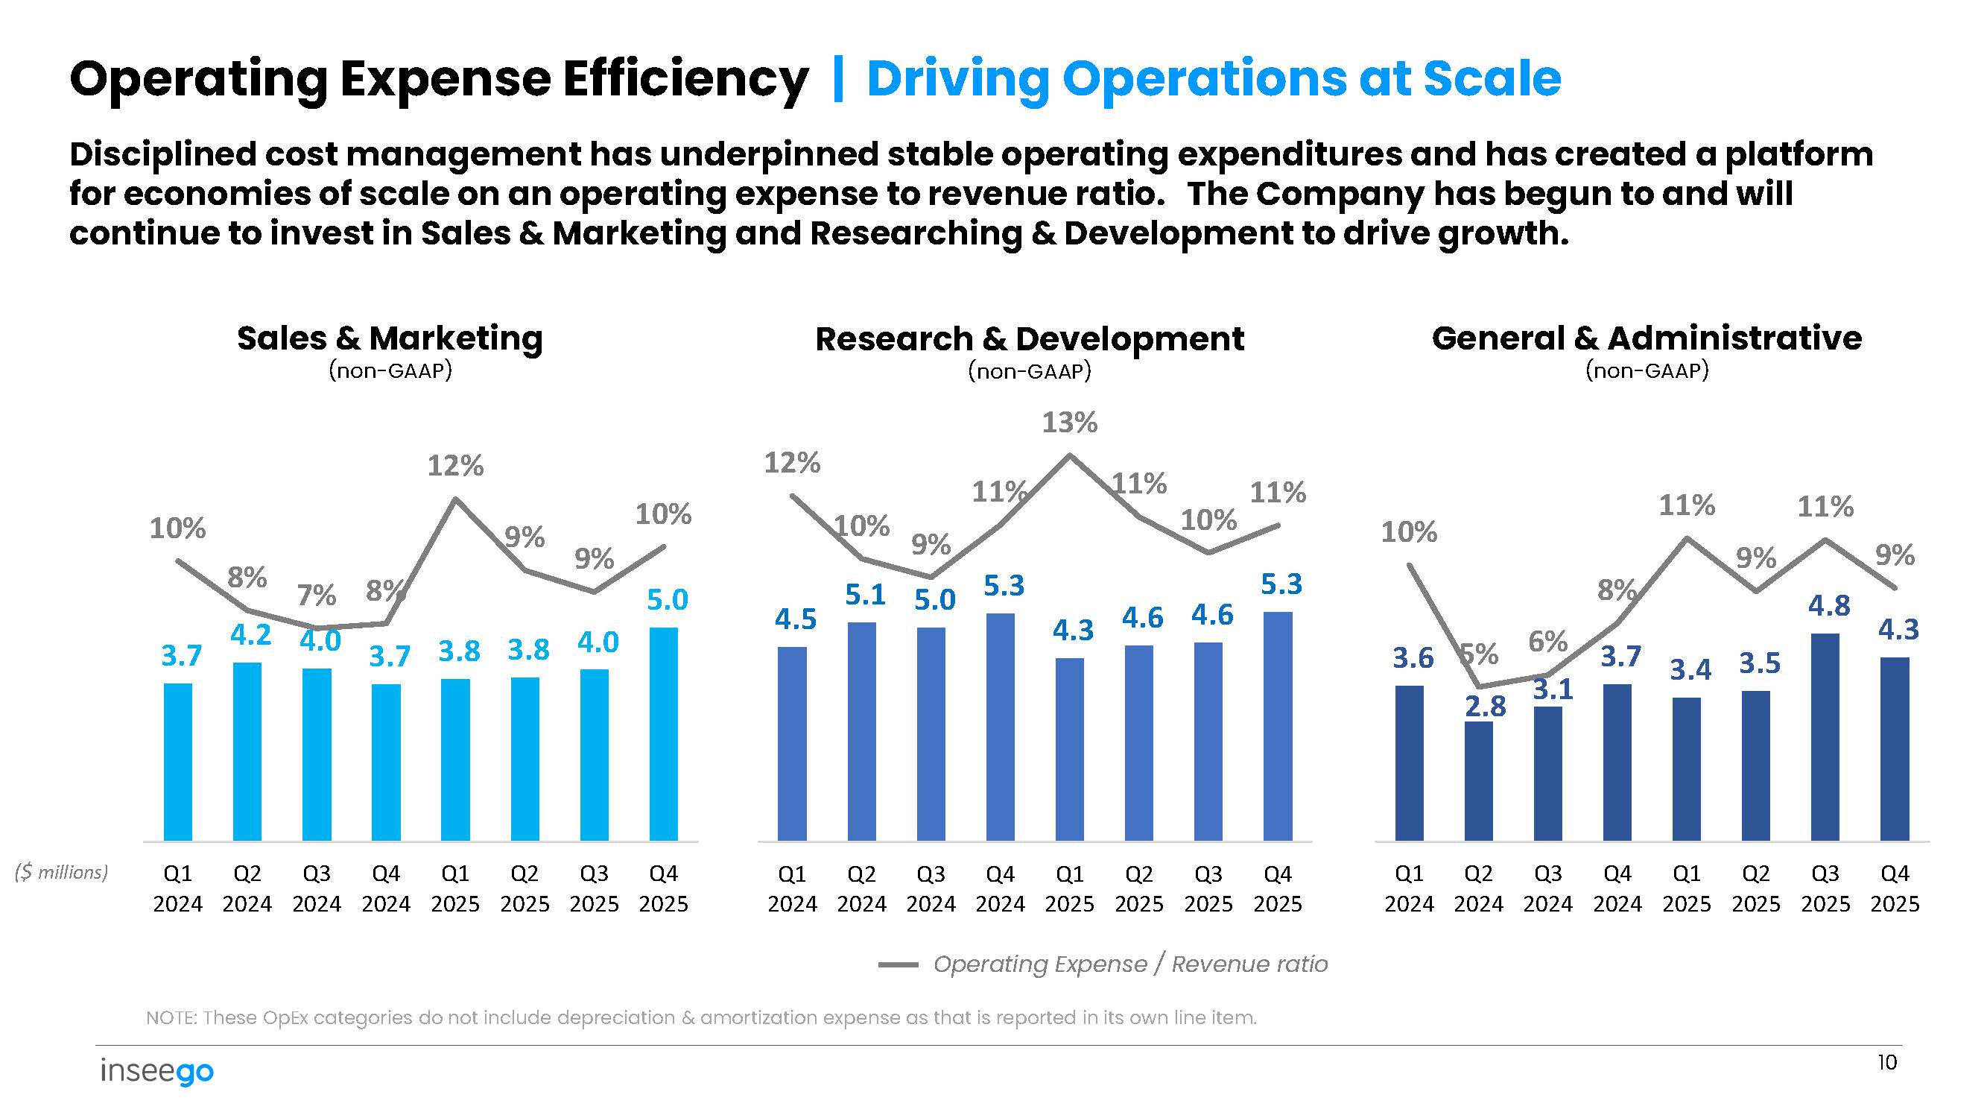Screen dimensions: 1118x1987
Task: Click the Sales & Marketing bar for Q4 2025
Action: pyautogui.click(x=663, y=733)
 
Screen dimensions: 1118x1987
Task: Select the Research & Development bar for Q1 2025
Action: pyautogui.click(x=1069, y=748)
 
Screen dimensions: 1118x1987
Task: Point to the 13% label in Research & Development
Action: pyautogui.click(x=1069, y=423)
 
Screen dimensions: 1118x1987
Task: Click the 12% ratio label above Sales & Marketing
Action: pyautogui.click(x=455, y=466)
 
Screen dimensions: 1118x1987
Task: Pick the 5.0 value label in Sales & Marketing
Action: pyautogui.click(x=667, y=600)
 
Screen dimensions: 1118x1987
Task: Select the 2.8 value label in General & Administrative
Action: pyautogui.click(x=1485, y=707)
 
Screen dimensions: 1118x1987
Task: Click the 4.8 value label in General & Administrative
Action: pyautogui.click(x=1829, y=607)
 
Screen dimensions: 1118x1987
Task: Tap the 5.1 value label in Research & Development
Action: pyautogui.click(x=865, y=595)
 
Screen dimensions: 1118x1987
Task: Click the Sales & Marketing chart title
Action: pyautogui.click(x=390, y=338)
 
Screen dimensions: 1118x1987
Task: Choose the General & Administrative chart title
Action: pyautogui.click(x=1646, y=338)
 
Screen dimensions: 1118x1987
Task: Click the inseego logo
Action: pyautogui.click(x=156, y=1072)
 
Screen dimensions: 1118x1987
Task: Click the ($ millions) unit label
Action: pyautogui.click(x=62, y=873)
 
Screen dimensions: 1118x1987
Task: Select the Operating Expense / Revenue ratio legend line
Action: pyautogui.click(x=898, y=964)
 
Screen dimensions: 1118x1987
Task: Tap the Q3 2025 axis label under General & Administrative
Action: pyautogui.click(x=1825, y=889)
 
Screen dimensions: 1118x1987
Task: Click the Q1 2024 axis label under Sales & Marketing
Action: pyautogui.click(x=177, y=889)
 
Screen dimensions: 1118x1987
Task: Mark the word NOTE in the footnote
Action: pyautogui.click(x=171, y=1018)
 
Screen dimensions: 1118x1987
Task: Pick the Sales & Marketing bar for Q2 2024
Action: pyautogui.click(x=247, y=751)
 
